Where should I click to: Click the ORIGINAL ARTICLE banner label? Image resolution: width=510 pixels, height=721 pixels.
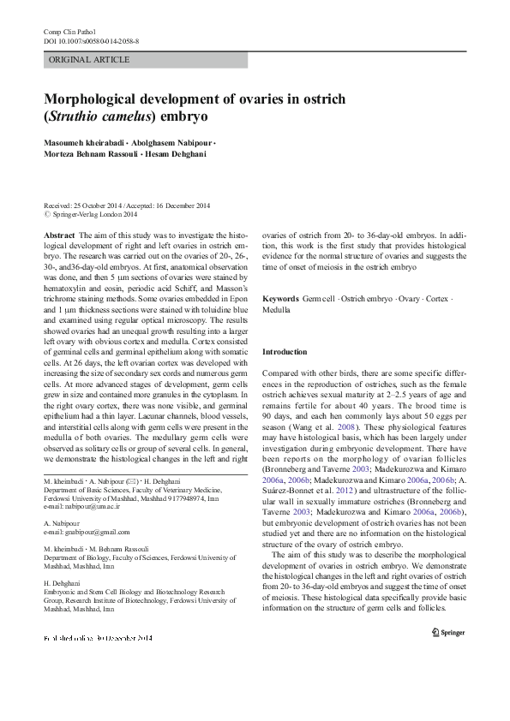89,60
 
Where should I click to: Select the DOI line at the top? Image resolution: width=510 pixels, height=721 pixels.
92,41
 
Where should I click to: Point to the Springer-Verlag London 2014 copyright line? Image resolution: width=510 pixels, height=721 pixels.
93,215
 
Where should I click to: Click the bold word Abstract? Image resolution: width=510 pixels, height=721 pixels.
59,235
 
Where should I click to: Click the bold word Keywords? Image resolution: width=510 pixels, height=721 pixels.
280,300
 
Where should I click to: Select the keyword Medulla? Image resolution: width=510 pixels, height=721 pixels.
276,309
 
